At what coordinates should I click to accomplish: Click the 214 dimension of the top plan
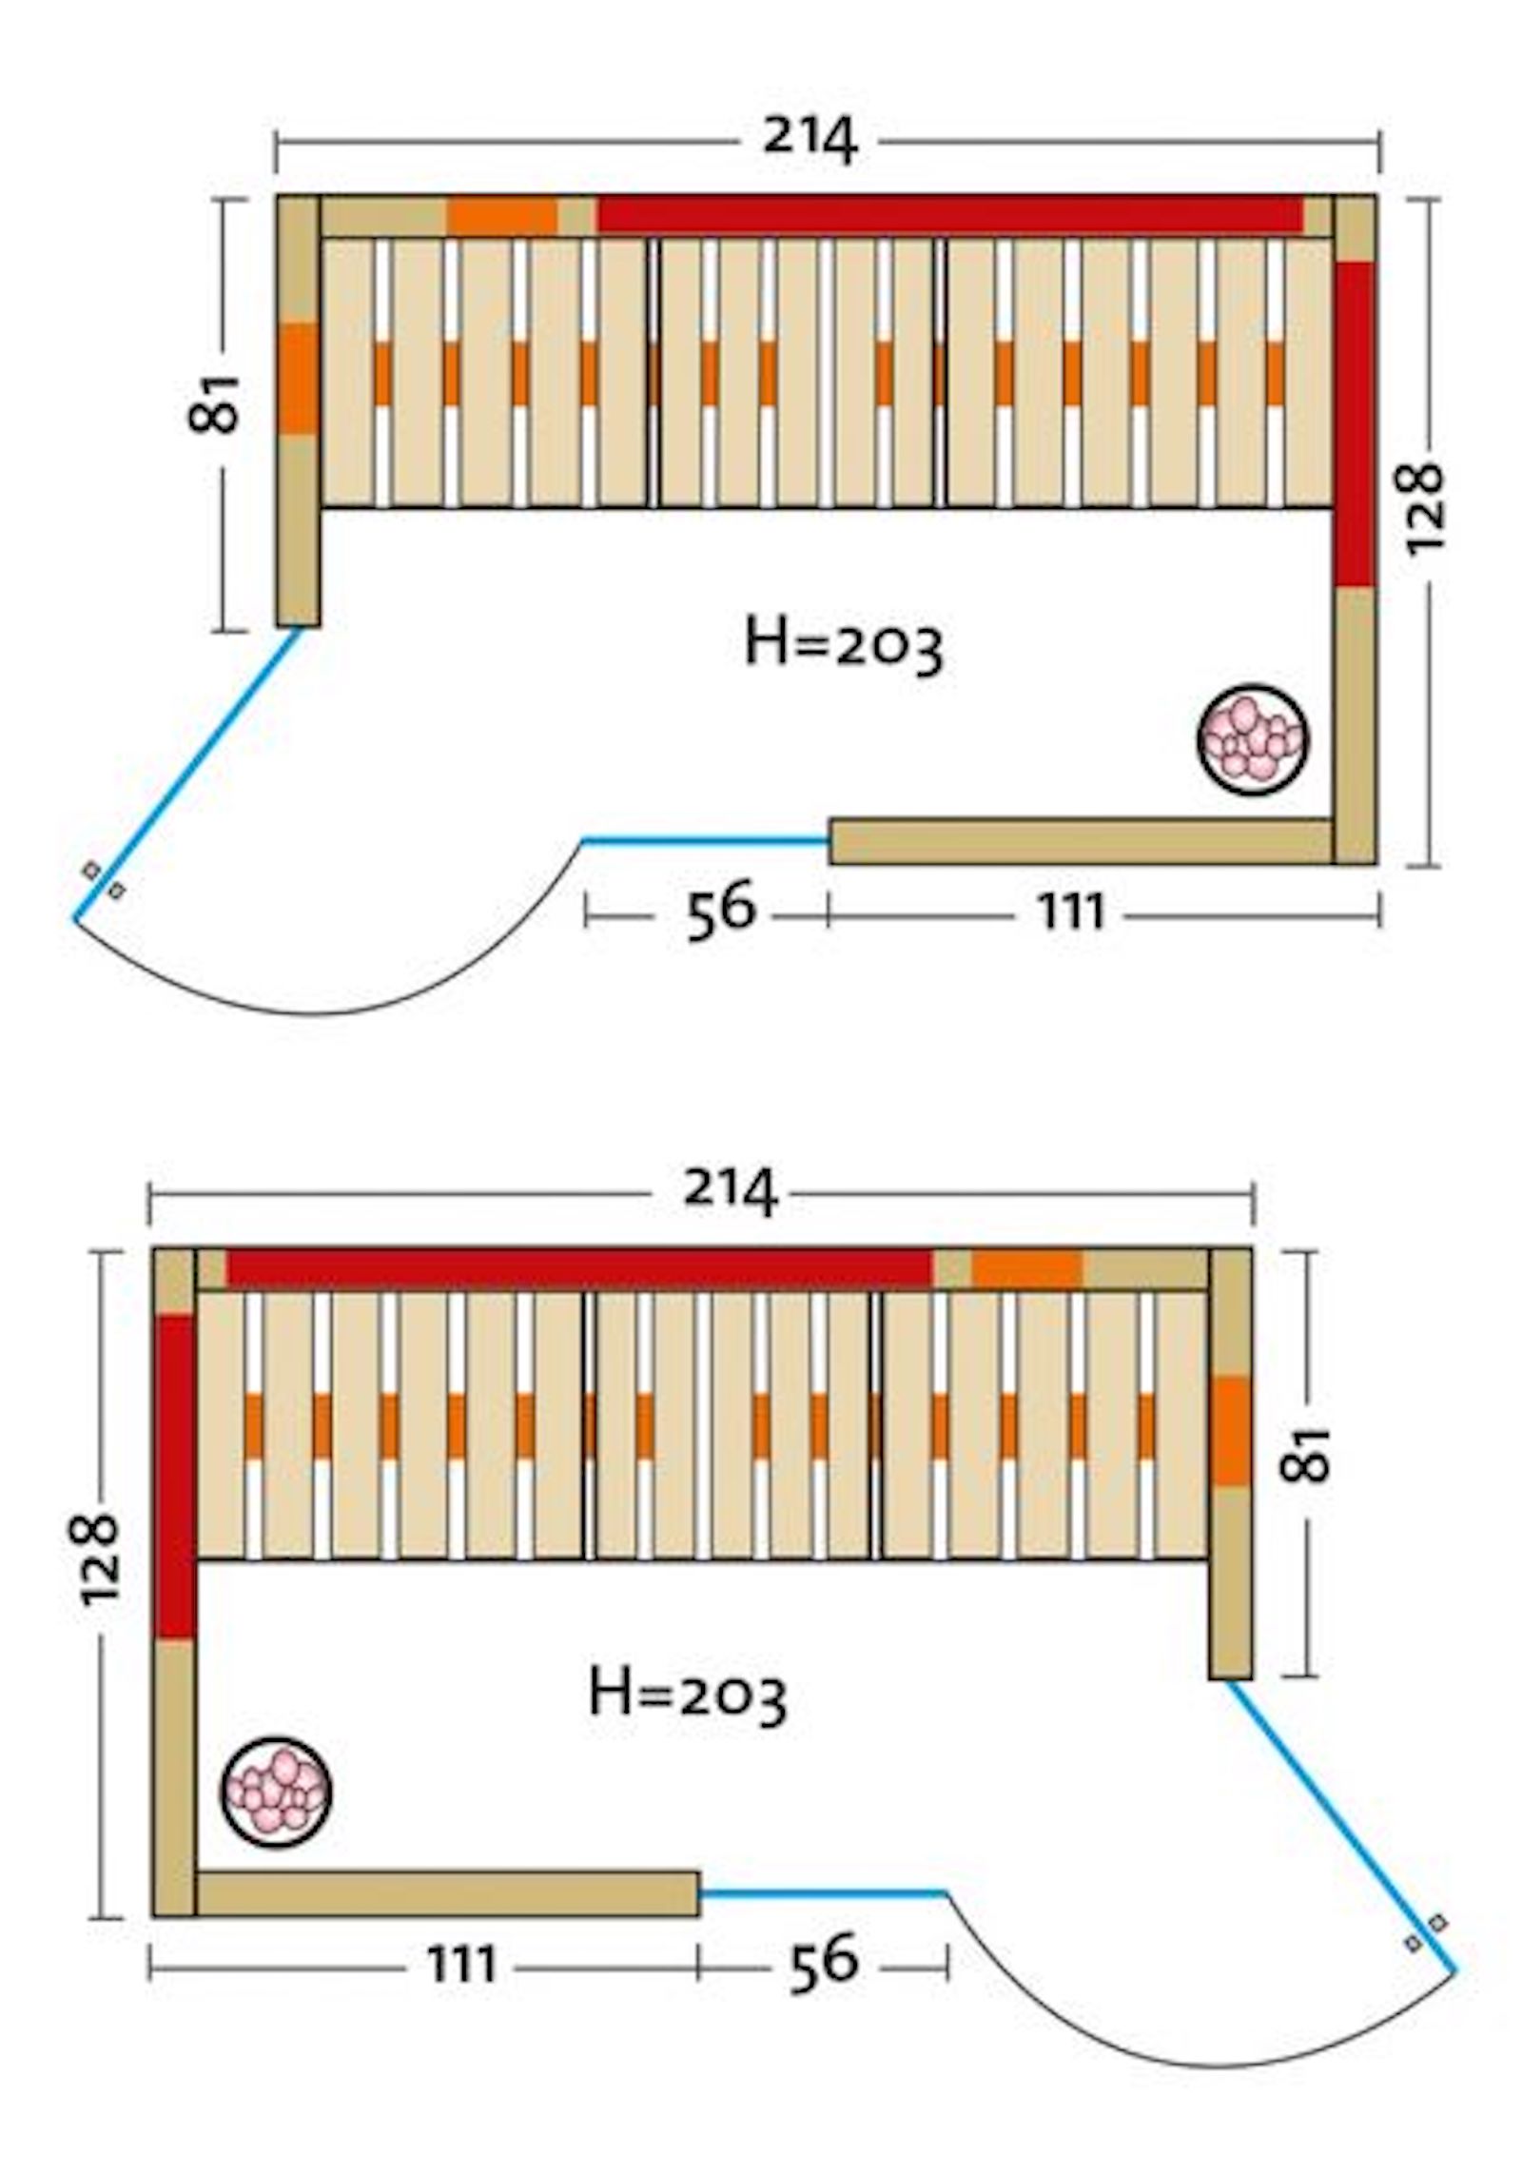click(x=810, y=141)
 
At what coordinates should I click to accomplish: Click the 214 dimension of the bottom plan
click(x=730, y=1191)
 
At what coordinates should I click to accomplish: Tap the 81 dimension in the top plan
click(x=215, y=403)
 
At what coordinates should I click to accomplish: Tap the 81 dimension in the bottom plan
click(x=1305, y=1454)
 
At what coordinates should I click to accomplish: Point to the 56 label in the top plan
click(x=720, y=910)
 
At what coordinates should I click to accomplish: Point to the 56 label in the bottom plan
click(x=823, y=1960)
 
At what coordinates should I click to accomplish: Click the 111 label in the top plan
click(x=1071, y=913)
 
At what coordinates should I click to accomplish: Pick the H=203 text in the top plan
click(x=843, y=647)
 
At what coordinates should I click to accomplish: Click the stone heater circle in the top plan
click(x=1252, y=739)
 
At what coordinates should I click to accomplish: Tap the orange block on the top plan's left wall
click(x=298, y=378)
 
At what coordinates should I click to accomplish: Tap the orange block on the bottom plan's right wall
click(x=1230, y=1430)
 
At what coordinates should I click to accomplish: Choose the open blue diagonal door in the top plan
click(x=187, y=774)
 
